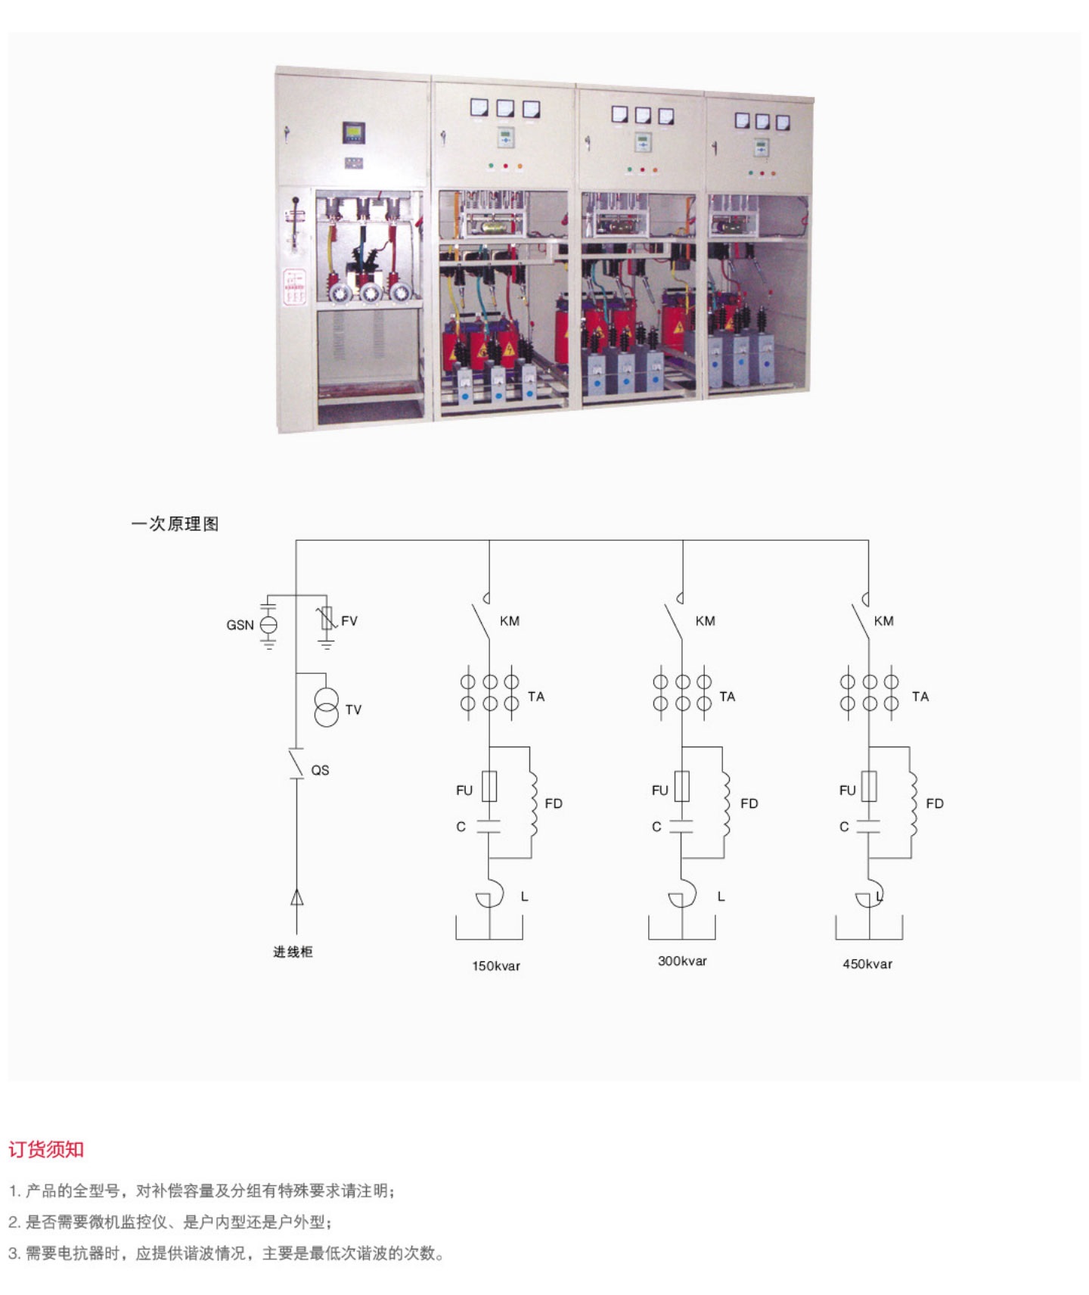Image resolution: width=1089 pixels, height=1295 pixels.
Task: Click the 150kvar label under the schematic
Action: pyautogui.click(x=496, y=966)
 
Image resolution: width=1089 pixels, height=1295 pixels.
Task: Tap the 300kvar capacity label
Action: pyautogui.click(x=682, y=961)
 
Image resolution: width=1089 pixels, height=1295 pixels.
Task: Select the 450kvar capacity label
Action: pyautogui.click(x=867, y=964)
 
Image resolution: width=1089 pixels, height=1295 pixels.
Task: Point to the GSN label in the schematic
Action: pyautogui.click(x=240, y=625)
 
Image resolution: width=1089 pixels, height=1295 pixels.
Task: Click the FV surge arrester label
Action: pyautogui.click(x=349, y=621)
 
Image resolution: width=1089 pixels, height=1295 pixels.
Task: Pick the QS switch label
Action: pyautogui.click(x=320, y=770)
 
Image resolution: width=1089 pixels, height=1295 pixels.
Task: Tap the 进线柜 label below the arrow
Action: pyautogui.click(x=293, y=952)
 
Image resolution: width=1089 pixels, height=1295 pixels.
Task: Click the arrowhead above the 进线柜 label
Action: pyautogui.click(x=296, y=898)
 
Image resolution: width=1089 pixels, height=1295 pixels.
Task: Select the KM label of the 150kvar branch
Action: pyautogui.click(x=510, y=621)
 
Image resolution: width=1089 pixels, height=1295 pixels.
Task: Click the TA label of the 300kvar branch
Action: pyautogui.click(x=728, y=697)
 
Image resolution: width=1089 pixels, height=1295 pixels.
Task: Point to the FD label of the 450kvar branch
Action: pyautogui.click(x=935, y=803)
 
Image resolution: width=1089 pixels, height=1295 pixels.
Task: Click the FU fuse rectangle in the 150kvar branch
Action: pyautogui.click(x=489, y=787)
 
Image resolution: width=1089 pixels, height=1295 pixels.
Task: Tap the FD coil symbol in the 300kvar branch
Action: pyautogui.click(x=726, y=803)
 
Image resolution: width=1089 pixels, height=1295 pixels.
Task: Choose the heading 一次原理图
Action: pyautogui.click(x=175, y=523)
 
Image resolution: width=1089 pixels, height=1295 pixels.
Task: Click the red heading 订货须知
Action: pyautogui.click(x=46, y=1150)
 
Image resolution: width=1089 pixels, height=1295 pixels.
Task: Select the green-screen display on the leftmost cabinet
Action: pyautogui.click(x=353, y=133)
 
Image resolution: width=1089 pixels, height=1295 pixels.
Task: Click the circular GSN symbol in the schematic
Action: pyautogui.click(x=268, y=625)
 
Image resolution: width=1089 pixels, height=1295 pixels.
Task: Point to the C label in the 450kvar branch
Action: pyautogui.click(x=844, y=827)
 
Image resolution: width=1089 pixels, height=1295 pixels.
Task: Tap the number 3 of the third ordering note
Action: pyautogui.click(x=13, y=1253)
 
